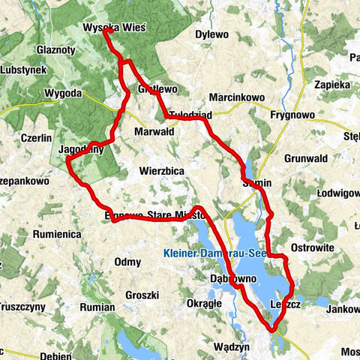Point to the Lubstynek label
(x=24, y=69)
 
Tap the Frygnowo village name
(x=295, y=116)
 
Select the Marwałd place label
(x=153, y=130)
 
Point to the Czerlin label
(x=36, y=138)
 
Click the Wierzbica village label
(x=162, y=170)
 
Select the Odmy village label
(x=127, y=261)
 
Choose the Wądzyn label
(x=231, y=346)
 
